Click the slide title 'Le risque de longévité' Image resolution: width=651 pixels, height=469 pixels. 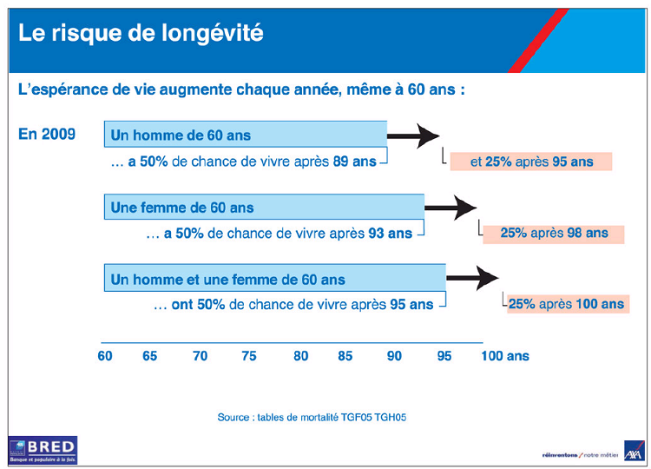coord(141,34)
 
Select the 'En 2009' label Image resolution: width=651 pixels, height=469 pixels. coord(47,135)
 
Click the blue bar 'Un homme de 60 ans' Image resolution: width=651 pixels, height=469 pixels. coord(246,135)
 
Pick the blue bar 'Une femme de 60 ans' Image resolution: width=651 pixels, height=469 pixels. coord(264,208)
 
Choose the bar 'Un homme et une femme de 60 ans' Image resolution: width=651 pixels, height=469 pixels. coord(274,280)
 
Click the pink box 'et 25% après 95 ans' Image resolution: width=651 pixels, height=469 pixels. coord(531,162)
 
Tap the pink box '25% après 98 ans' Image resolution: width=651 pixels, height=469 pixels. coord(554,233)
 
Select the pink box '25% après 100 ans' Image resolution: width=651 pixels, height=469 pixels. coord(566,304)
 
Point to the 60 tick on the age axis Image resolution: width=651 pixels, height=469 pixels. coord(104,356)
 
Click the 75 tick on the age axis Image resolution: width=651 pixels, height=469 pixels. coord(249,356)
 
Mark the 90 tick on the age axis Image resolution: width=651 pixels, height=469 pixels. coord(395,356)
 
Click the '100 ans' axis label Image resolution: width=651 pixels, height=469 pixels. coord(504,356)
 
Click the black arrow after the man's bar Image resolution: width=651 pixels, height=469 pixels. coord(414,135)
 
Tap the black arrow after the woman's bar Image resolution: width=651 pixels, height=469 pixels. coord(451,207)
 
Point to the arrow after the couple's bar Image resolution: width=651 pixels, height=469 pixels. coord(472,279)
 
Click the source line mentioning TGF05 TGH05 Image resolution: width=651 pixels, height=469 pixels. coord(312,418)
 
